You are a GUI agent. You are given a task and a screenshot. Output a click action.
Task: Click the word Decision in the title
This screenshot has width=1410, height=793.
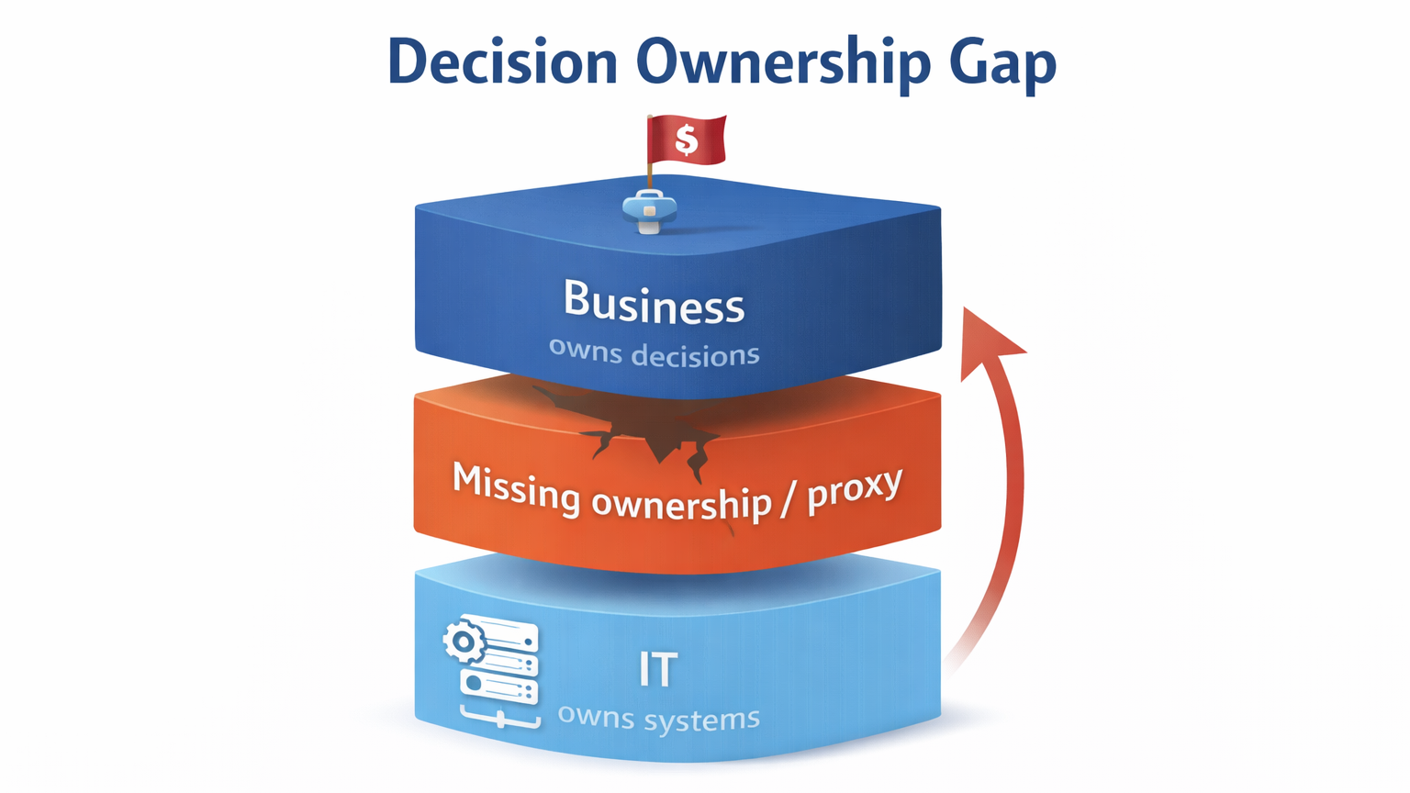pos(502,62)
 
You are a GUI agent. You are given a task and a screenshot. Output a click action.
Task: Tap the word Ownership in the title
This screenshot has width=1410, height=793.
pos(778,62)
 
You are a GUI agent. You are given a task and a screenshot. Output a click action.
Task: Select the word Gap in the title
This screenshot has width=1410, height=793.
pos(1002,62)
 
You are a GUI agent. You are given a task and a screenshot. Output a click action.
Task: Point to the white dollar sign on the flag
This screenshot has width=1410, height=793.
pos(686,140)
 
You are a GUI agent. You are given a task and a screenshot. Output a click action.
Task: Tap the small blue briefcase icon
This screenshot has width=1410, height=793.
pos(649,209)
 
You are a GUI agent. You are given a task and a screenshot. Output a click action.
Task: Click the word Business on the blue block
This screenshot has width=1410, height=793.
pos(654,302)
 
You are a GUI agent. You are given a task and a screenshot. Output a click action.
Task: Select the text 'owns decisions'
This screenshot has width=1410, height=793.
pos(654,352)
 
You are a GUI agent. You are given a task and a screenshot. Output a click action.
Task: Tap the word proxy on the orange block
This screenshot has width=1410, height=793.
pos(854,488)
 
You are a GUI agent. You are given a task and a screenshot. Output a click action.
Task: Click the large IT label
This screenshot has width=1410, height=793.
pos(658,670)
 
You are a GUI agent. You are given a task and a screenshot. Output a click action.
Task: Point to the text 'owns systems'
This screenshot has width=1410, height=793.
pos(658,717)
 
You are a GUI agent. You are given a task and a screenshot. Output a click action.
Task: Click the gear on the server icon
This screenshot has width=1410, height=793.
pos(464,642)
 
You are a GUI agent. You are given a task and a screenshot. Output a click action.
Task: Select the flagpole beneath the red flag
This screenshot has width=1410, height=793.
pos(650,172)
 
